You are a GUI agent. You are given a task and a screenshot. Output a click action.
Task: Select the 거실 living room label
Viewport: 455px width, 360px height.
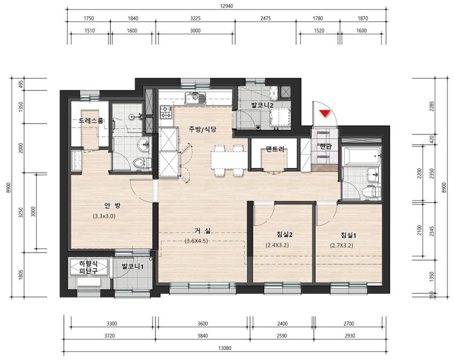tap(202, 231)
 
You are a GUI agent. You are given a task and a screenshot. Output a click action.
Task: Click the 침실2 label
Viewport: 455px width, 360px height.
tap(284, 234)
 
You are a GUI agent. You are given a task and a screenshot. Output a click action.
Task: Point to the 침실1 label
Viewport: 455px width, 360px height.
tap(348, 235)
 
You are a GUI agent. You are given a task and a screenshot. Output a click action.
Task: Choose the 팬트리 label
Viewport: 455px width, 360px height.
tap(275, 149)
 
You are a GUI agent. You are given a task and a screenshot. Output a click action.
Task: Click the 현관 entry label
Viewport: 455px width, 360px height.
tap(325, 147)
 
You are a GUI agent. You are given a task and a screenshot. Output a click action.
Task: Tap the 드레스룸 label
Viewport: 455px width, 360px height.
tap(91, 121)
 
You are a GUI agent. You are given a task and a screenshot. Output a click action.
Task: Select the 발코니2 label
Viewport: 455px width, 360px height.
tap(262, 105)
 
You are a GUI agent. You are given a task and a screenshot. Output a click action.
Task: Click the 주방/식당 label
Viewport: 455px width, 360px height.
tap(202, 129)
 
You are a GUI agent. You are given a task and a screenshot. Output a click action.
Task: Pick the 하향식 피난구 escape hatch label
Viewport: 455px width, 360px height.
tap(88, 267)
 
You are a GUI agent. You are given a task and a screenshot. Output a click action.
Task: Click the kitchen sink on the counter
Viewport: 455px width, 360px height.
tap(195, 98)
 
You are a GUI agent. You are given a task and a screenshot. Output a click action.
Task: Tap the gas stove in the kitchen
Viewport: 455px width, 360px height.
tap(166, 113)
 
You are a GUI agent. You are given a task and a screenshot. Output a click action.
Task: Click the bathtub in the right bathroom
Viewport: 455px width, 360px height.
tap(361, 156)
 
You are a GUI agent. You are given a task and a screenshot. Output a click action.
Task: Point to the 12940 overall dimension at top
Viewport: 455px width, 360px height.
tap(226, 6)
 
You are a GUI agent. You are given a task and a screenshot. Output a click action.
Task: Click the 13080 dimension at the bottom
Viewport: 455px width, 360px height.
tap(225, 348)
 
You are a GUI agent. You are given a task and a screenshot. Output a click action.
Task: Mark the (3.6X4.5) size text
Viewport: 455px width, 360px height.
tap(196, 241)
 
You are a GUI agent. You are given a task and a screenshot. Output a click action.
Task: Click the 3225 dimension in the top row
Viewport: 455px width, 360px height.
tap(195, 18)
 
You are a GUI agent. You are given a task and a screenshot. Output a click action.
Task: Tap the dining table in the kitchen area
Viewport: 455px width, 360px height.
tap(229, 160)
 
